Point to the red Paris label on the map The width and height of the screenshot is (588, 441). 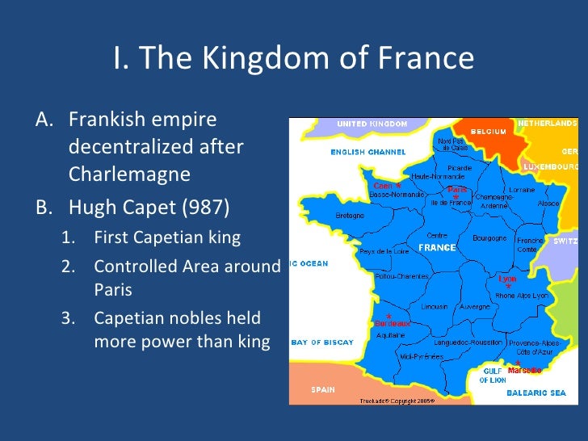click(457, 189)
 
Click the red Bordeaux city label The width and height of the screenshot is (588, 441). click(393, 323)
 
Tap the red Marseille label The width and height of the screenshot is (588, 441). click(525, 370)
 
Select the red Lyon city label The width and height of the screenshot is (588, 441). click(507, 279)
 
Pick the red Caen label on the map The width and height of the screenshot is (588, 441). click(383, 185)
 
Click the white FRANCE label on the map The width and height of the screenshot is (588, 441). click(437, 247)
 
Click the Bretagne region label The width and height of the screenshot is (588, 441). click(350, 216)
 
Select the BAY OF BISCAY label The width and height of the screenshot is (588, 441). click(322, 342)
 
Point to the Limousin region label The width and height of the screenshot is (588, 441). click(435, 307)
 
